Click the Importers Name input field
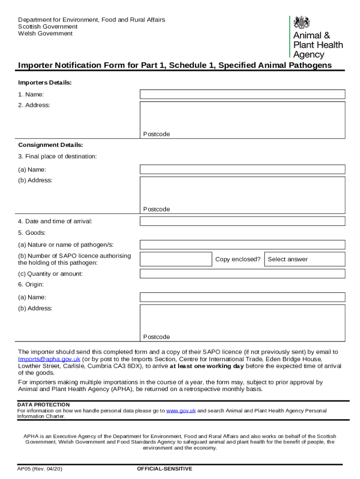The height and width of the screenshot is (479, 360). pos(242,94)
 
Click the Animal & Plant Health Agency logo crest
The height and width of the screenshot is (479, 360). pos(302,22)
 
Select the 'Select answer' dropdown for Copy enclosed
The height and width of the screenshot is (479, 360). pos(304,259)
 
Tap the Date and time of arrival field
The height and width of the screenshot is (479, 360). pos(242,221)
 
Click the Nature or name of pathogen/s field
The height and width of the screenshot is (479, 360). pos(242,245)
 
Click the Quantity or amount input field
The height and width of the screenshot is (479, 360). pos(242,274)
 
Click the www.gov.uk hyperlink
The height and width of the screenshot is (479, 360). pos(180,411)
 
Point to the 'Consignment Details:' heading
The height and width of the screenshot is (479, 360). pos(50,145)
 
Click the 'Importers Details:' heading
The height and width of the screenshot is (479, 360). pos(45,83)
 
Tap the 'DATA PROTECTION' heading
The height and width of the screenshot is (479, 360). pos(43,405)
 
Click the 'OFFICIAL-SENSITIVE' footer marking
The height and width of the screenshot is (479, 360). pos(164,469)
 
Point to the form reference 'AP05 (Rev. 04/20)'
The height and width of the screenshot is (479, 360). pos(40,469)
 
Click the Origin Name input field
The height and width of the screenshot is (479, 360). pos(242,297)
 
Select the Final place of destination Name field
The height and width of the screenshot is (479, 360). pos(242,169)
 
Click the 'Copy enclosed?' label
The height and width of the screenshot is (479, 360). pos(238,259)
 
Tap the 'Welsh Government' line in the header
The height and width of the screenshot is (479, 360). pos(45,34)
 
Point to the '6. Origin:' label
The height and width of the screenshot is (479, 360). pos(31,284)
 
